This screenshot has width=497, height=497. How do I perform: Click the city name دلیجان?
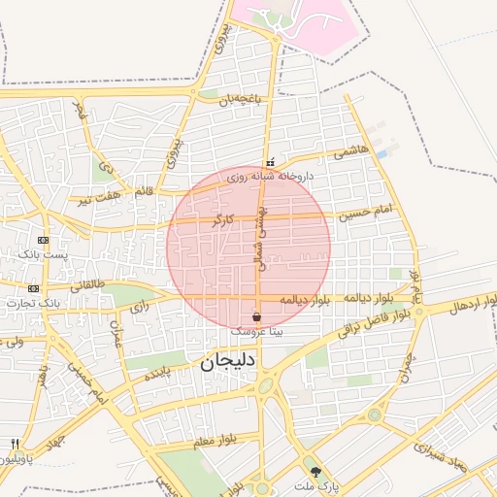[226, 365]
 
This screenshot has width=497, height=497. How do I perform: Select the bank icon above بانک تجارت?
[34, 288]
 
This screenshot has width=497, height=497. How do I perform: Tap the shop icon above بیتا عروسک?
[256, 316]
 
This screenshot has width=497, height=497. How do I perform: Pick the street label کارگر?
[222, 221]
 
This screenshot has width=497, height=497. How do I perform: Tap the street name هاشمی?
[350, 152]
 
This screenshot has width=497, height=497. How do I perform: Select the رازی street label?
[140, 308]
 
